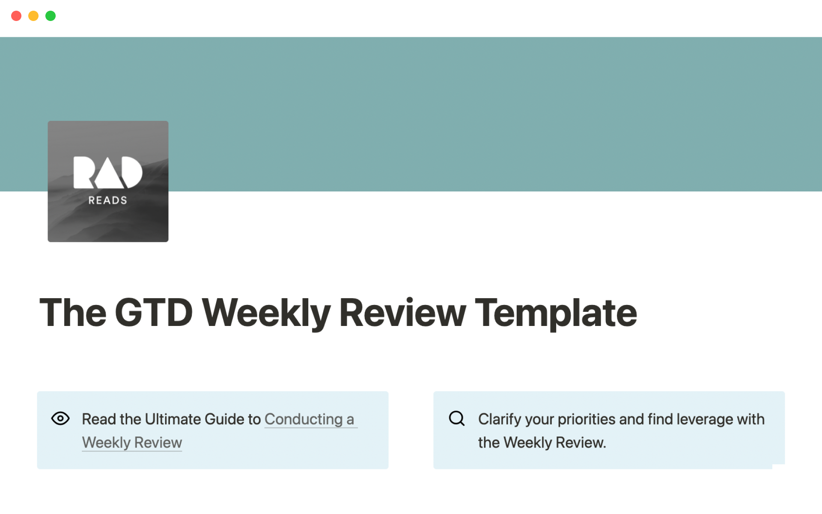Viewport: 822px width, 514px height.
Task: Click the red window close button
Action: pos(16,16)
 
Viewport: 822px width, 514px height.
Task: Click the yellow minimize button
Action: pos(33,16)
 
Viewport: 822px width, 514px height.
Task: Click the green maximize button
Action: pos(51,16)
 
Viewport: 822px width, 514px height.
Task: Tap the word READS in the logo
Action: pos(108,200)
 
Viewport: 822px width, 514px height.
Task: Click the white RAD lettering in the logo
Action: pos(108,172)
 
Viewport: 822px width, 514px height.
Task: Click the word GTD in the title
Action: pos(154,313)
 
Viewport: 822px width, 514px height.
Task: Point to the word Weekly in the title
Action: pos(266,314)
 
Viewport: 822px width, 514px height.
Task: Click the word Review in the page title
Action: pos(402,313)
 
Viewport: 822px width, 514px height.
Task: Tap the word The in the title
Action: pos(73,313)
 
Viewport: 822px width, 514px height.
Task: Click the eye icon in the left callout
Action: pos(60,418)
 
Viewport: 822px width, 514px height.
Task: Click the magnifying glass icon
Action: pos(457,418)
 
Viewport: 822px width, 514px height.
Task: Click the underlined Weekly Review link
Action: pos(132,442)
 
